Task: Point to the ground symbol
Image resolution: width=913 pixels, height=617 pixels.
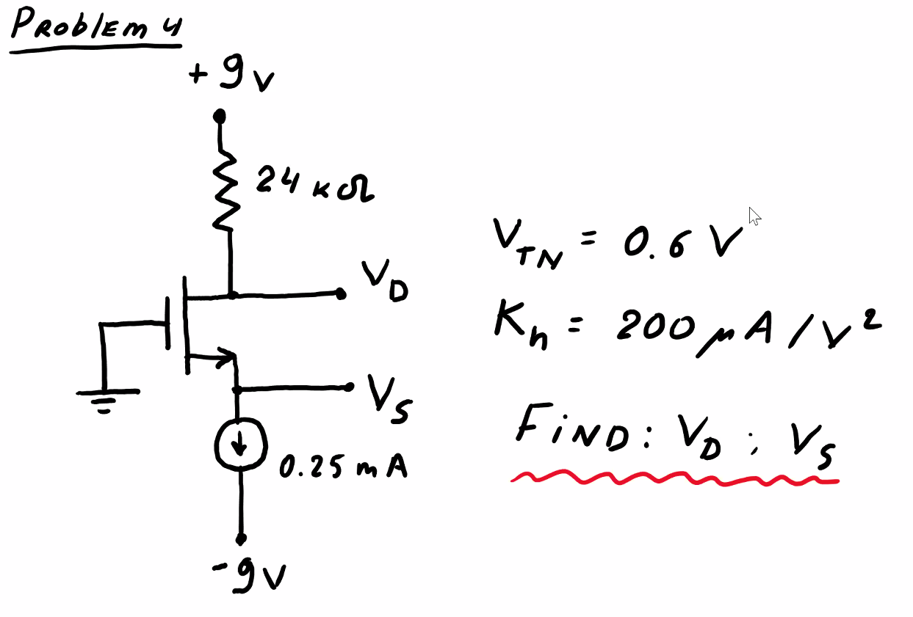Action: (x=107, y=400)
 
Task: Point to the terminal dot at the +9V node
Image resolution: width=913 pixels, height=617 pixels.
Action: (x=219, y=116)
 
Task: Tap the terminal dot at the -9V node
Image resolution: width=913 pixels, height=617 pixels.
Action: (x=240, y=539)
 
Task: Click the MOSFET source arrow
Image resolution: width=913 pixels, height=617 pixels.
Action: (x=221, y=358)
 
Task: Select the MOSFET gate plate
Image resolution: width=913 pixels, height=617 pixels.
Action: (x=169, y=323)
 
